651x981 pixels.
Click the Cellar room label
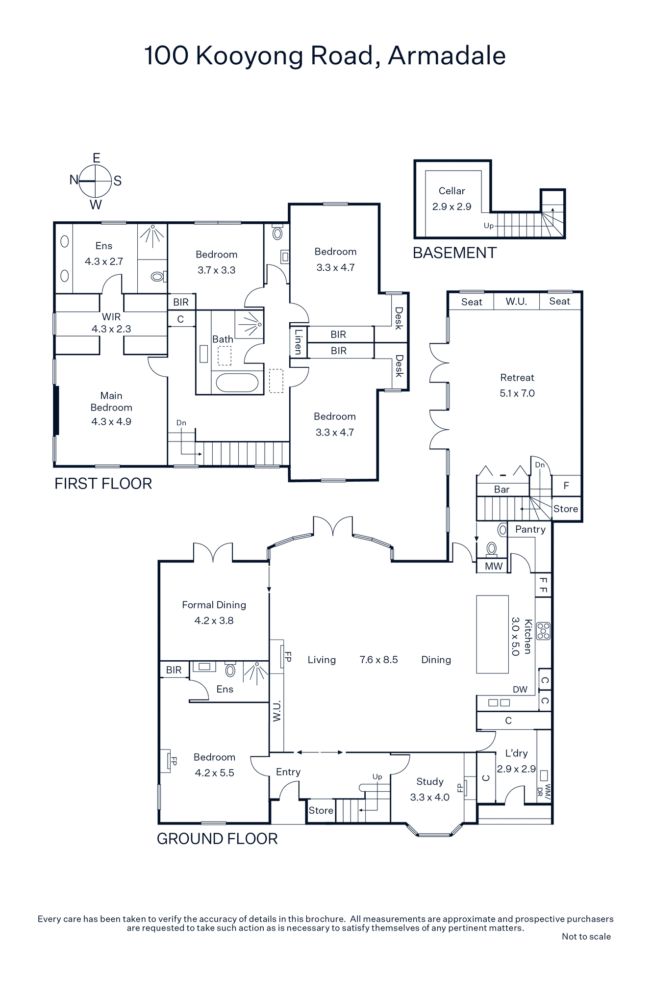(451, 191)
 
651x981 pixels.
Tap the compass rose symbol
(96, 181)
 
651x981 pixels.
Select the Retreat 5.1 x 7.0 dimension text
(517, 393)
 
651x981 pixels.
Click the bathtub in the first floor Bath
(237, 383)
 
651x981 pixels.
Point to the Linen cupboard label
(298, 341)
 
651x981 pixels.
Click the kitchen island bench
(493, 634)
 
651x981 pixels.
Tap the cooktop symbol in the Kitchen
(543, 631)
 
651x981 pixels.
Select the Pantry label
(530, 529)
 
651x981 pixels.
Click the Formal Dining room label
(214, 605)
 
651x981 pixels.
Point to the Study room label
(430, 782)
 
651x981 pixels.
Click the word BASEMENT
(455, 253)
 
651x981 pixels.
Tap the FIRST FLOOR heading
(103, 484)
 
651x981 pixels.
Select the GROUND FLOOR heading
(217, 839)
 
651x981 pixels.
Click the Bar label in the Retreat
(501, 490)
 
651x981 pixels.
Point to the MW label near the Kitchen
(494, 567)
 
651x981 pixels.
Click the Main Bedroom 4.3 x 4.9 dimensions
(111, 422)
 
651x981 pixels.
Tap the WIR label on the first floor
(111, 317)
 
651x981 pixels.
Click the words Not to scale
(586, 937)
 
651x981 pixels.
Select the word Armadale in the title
(447, 56)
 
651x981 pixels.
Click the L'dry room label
(517, 753)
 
